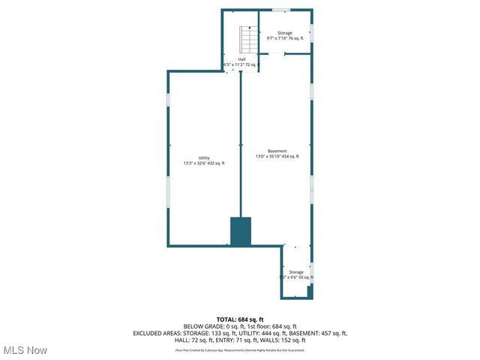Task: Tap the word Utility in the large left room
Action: pyautogui.click(x=204, y=157)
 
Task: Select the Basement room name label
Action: pyautogui.click(x=277, y=151)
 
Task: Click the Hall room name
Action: pyautogui.click(x=241, y=59)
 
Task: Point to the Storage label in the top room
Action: pyautogui.click(x=285, y=33)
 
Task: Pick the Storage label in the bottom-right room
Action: pyautogui.click(x=296, y=272)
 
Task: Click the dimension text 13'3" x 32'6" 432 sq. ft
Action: pyautogui.click(x=204, y=163)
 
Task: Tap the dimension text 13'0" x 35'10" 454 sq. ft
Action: pyautogui.click(x=277, y=157)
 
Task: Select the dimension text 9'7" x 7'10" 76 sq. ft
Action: pyautogui.click(x=285, y=38)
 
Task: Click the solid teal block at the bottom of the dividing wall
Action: pyautogui.click(x=240, y=231)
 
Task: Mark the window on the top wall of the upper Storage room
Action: pyautogui.click(x=280, y=10)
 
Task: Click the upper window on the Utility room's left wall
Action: pyautogui.click(x=168, y=100)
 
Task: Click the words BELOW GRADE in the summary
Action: pyautogui.click(x=200, y=327)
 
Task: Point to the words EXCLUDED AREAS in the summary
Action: pyautogui.click(x=158, y=334)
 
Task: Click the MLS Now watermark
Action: pyautogui.click(x=25, y=350)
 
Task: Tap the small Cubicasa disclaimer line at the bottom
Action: pyautogui.click(x=240, y=350)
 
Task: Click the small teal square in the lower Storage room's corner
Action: pyautogui.click(x=310, y=291)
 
